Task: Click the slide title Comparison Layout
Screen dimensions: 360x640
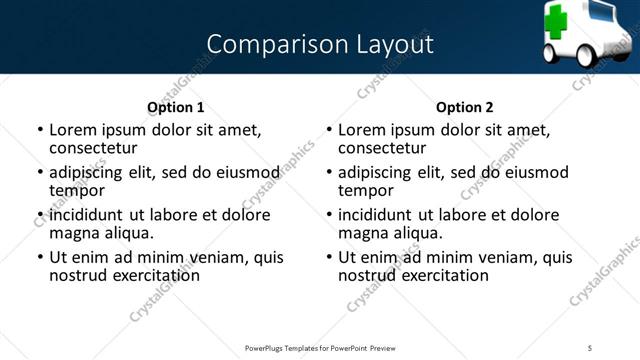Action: click(320, 44)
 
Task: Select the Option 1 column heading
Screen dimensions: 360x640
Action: click(175, 107)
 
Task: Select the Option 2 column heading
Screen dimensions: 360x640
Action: click(464, 107)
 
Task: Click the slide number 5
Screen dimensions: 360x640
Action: click(590, 347)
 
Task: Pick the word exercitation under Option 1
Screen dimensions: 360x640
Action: click(155, 275)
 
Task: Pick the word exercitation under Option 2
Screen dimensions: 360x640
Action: click(444, 275)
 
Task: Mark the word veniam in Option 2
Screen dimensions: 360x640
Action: click(507, 257)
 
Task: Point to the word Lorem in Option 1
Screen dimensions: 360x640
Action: click(71, 129)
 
